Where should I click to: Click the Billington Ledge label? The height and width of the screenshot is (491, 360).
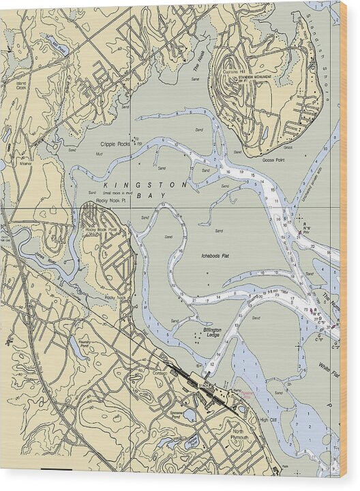(212, 331)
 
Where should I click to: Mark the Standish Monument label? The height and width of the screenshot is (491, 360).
(254, 78)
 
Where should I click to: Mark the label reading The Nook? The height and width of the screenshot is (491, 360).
(198, 65)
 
